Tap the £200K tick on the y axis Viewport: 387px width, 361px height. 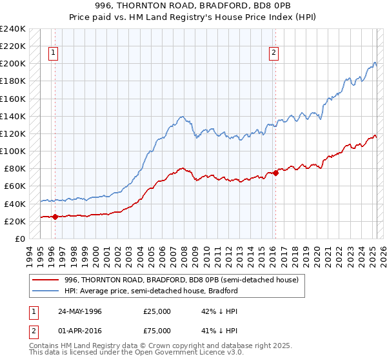click(x=13, y=64)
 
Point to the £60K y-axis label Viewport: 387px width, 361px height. click(x=15, y=186)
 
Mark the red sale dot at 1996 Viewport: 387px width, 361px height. click(x=55, y=217)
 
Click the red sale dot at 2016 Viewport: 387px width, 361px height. click(x=275, y=173)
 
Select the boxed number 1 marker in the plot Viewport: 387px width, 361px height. click(x=52, y=53)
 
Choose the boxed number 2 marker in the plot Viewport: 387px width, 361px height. click(x=274, y=53)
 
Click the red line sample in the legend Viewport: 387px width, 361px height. click(x=46, y=280)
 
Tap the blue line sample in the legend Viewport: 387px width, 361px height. click(x=46, y=291)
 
